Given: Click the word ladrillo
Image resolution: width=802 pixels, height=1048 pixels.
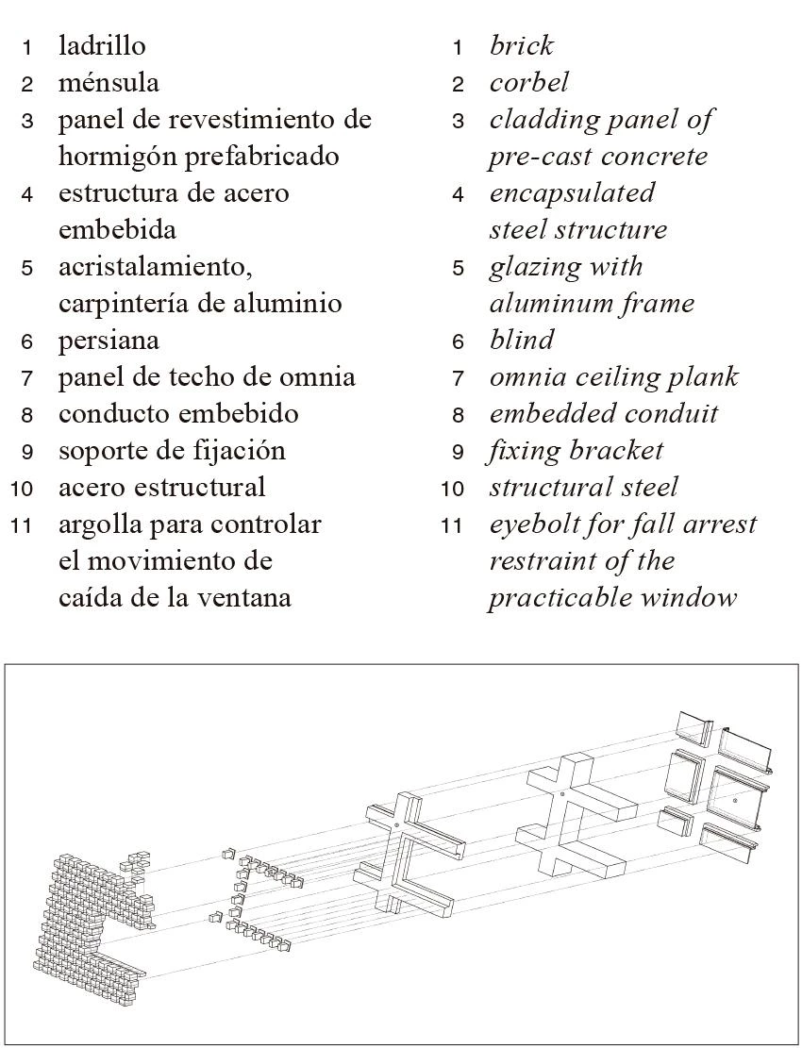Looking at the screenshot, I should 102,45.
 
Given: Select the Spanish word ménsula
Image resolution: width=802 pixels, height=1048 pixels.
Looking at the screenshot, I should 109,83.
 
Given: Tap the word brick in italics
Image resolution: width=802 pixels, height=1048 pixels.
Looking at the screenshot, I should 521,45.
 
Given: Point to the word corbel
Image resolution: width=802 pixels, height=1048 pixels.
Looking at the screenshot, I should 528,83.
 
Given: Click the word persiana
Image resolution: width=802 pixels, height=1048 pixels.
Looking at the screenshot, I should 109,341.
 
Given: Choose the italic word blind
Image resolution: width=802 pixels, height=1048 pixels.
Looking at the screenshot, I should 521,341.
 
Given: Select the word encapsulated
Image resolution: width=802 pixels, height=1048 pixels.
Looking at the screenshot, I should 572,193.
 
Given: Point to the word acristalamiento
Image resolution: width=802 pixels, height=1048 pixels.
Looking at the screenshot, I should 156,267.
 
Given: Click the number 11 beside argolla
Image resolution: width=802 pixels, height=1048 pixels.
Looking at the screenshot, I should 22,525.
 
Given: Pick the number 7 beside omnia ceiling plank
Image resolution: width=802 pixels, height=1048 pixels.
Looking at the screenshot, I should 458,378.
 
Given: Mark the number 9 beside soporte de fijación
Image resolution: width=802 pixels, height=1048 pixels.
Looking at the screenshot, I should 27,452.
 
